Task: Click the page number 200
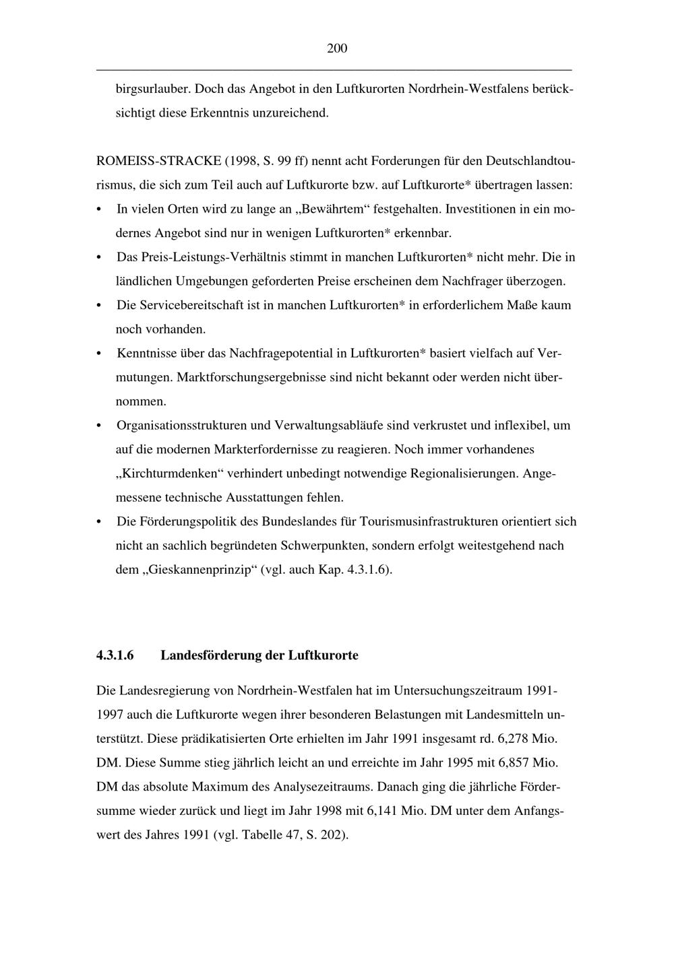coord(337,48)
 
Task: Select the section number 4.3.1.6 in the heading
coord(115,655)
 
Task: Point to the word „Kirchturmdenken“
coord(170,473)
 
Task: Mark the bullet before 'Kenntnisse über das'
coord(100,354)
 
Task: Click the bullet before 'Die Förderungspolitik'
coord(100,522)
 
